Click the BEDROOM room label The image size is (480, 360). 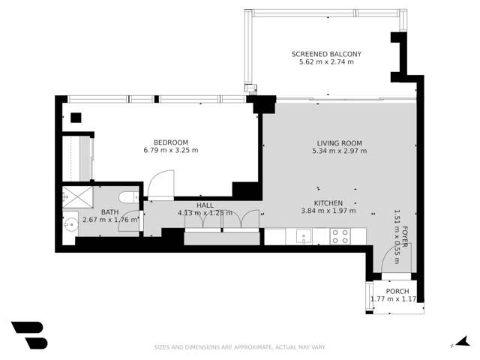pyautogui.click(x=170, y=142)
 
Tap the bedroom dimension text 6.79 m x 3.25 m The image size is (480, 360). pyautogui.click(x=170, y=150)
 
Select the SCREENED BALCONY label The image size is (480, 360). pyautogui.click(x=326, y=54)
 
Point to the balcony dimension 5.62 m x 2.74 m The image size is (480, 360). pyautogui.click(x=326, y=62)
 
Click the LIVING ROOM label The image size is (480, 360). pyautogui.click(x=339, y=142)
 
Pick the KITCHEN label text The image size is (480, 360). pyautogui.click(x=328, y=202)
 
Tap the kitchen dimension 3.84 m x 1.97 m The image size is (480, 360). pyautogui.click(x=328, y=211)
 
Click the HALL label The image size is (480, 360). pyautogui.click(x=205, y=205)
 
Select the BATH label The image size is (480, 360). pyautogui.click(x=110, y=211)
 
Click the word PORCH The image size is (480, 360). pyautogui.click(x=397, y=291)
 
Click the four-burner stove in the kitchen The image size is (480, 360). pyautogui.click(x=340, y=237)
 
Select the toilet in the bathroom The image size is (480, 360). pyautogui.click(x=128, y=198)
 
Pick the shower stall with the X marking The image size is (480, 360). pyautogui.click(x=77, y=197)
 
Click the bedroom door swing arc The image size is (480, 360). pyautogui.click(x=160, y=184)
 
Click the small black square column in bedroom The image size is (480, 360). pyautogui.click(x=76, y=118)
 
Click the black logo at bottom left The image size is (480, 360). pyautogui.click(x=28, y=335)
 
